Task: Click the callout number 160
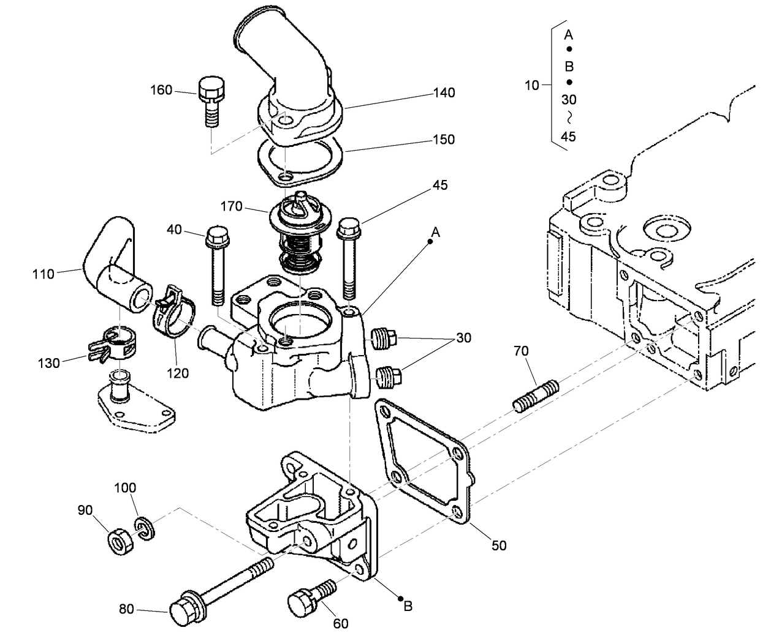[161, 91]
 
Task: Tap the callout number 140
[444, 92]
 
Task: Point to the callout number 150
[443, 140]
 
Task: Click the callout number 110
[44, 274]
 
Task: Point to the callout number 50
[499, 545]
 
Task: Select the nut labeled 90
[118, 541]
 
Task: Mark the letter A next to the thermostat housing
[435, 232]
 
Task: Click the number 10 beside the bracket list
[531, 85]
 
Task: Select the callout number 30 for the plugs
[463, 338]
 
